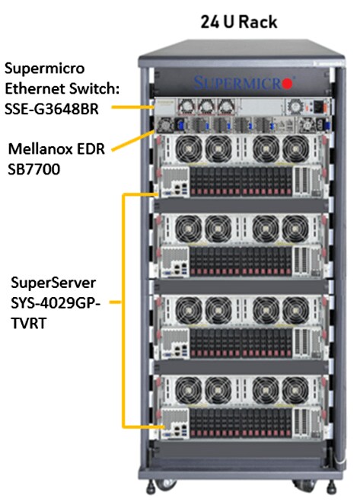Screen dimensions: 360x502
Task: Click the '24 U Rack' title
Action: point(239,22)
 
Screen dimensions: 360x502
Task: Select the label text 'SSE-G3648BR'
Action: point(52,109)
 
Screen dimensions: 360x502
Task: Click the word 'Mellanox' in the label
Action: point(42,149)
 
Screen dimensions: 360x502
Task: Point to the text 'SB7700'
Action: point(34,169)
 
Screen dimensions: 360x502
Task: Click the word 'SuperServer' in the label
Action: point(53,283)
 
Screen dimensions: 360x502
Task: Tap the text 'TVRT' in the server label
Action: point(28,323)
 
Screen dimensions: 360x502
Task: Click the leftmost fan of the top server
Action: point(189,149)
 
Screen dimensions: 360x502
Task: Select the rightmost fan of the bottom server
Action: point(295,390)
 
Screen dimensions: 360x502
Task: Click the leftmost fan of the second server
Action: point(189,229)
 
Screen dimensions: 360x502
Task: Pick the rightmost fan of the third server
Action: point(295,310)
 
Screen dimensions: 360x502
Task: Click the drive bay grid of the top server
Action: point(241,181)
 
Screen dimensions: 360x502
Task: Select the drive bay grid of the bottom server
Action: point(241,423)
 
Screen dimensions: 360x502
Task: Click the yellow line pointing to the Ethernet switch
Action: point(132,107)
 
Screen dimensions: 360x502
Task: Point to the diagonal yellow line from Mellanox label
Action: point(132,141)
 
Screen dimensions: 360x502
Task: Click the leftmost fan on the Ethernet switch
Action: point(187,107)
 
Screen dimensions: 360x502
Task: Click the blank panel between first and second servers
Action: point(241,205)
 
